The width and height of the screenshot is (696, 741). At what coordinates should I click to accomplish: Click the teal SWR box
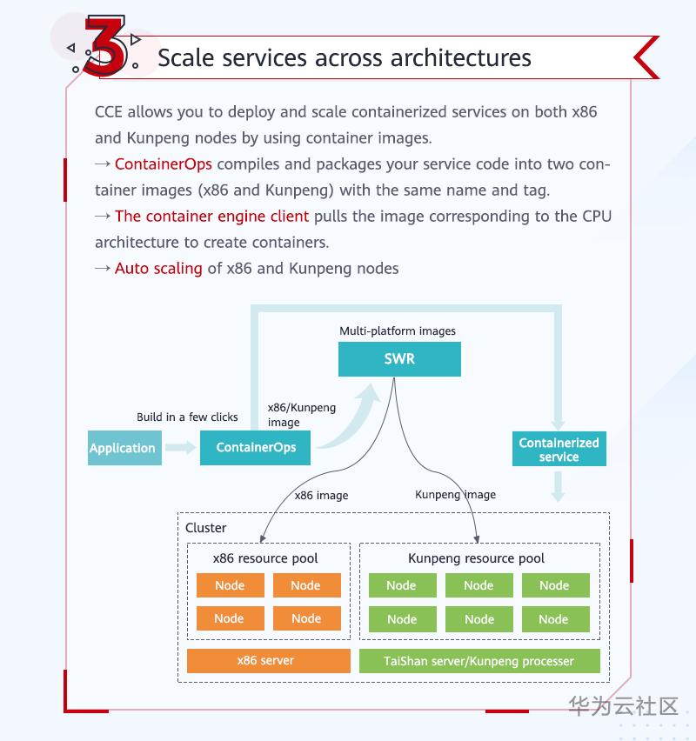399,358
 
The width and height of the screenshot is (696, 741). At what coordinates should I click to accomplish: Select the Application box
124,448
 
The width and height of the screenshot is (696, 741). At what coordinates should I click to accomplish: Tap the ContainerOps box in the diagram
256,448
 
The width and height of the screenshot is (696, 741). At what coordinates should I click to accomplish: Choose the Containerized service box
559,449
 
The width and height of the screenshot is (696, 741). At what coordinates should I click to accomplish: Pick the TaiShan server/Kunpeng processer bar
478,661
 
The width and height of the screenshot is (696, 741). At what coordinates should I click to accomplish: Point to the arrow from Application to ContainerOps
180,448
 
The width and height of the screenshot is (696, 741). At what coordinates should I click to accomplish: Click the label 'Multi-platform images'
398,330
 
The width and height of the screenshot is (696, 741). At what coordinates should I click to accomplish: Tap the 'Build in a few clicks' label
187,417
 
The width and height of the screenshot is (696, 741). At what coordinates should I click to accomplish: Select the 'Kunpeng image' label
455,494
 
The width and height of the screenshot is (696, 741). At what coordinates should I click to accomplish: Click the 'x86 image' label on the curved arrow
321,495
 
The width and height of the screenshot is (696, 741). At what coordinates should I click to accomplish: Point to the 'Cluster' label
205,528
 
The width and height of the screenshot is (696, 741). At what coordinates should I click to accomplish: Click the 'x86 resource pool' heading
265,558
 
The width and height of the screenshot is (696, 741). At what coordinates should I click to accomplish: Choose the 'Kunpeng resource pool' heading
476,558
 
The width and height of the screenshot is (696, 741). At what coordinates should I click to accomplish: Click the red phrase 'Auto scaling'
158,268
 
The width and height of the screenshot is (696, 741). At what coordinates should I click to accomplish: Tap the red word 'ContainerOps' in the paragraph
164,164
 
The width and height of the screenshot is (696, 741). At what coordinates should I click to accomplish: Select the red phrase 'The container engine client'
211,216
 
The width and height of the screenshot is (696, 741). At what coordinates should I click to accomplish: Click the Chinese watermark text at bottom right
623,705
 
